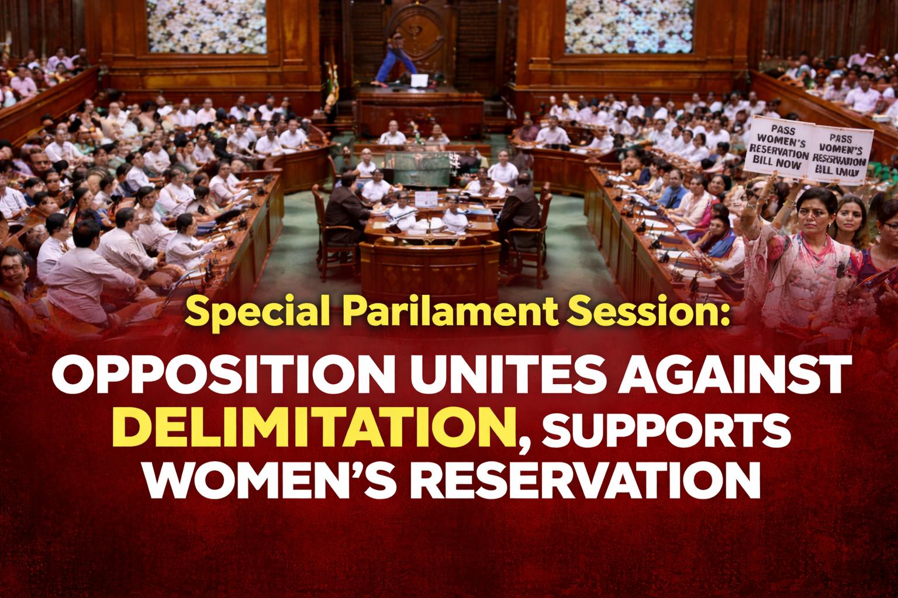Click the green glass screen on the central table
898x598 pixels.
(417, 166)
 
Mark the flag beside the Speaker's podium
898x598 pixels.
(331, 85)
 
